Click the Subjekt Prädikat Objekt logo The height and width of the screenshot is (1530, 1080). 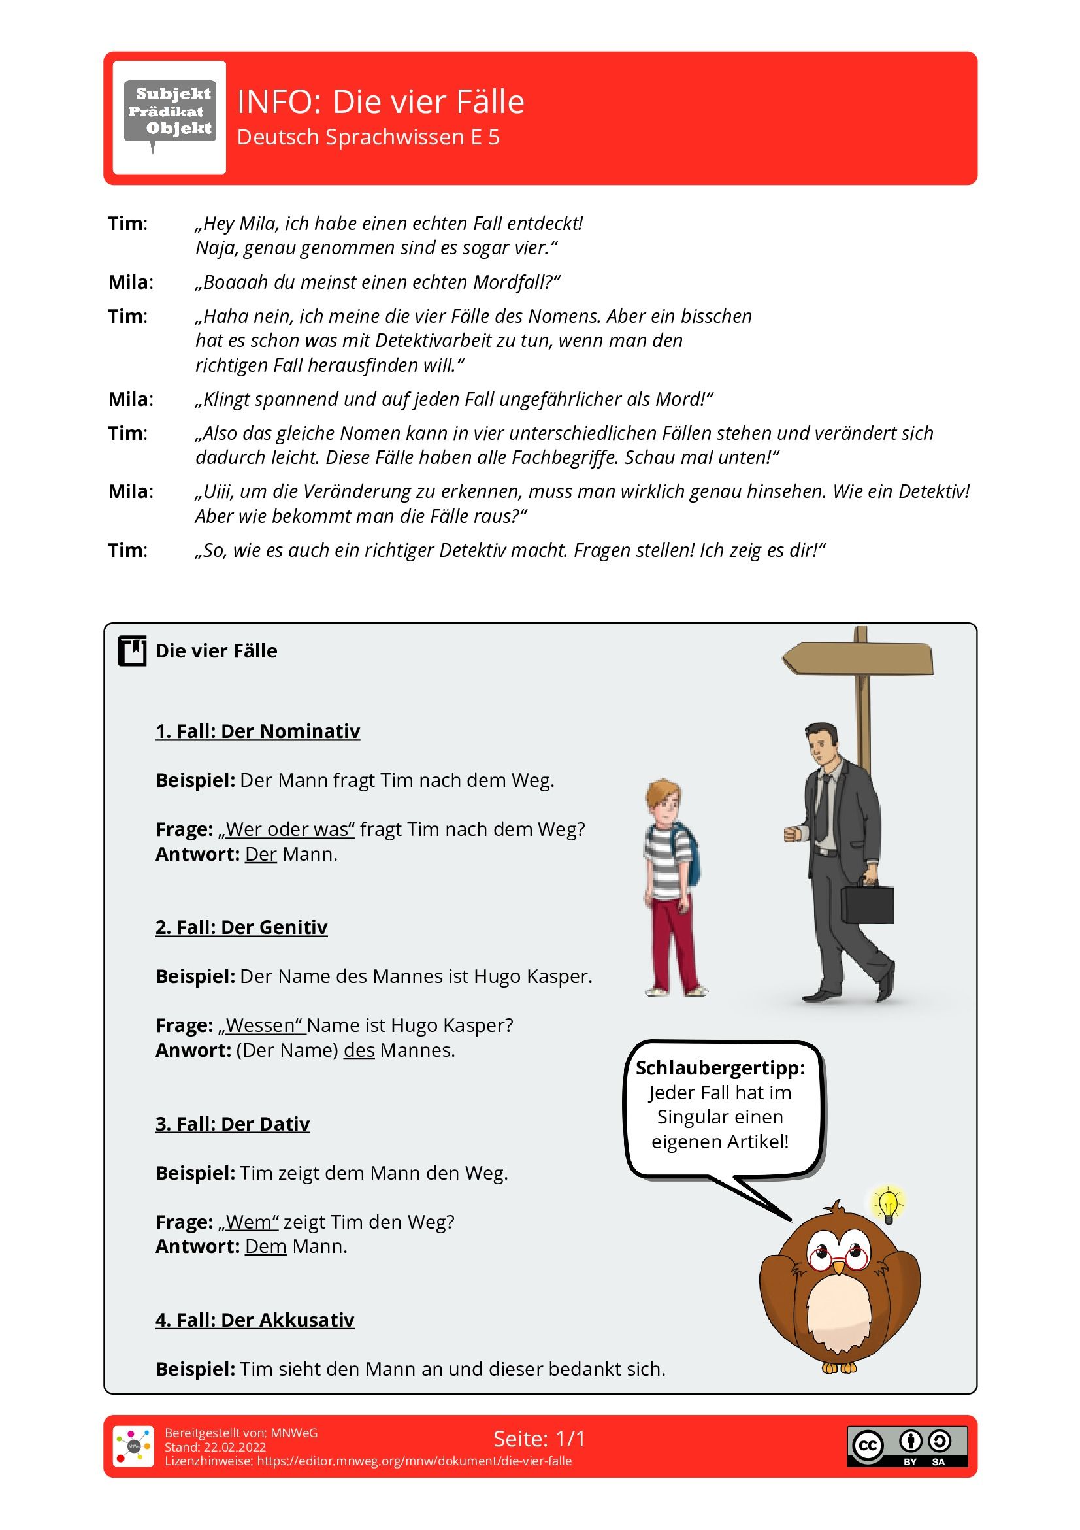[169, 117]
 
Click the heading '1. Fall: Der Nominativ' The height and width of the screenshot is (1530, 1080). [257, 731]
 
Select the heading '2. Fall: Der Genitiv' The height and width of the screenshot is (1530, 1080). [241, 927]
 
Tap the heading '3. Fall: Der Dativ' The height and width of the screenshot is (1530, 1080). [233, 1123]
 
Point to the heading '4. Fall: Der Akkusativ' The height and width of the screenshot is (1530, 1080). [255, 1320]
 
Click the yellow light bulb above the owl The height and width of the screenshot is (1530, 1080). [888, 1203]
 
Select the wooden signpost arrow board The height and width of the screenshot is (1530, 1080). [858, 658]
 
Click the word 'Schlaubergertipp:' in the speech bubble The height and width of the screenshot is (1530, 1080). [719, 1067]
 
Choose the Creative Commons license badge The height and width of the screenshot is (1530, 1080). [907, 1446]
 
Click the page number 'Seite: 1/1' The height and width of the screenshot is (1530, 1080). [539, 1439]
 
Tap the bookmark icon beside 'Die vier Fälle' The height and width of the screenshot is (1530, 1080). [132, 651]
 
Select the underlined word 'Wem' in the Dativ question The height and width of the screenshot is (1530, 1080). [248, 1222]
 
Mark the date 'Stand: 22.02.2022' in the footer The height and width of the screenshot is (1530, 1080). [215, 1447]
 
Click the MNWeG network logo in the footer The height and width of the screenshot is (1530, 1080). [133, 1446]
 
